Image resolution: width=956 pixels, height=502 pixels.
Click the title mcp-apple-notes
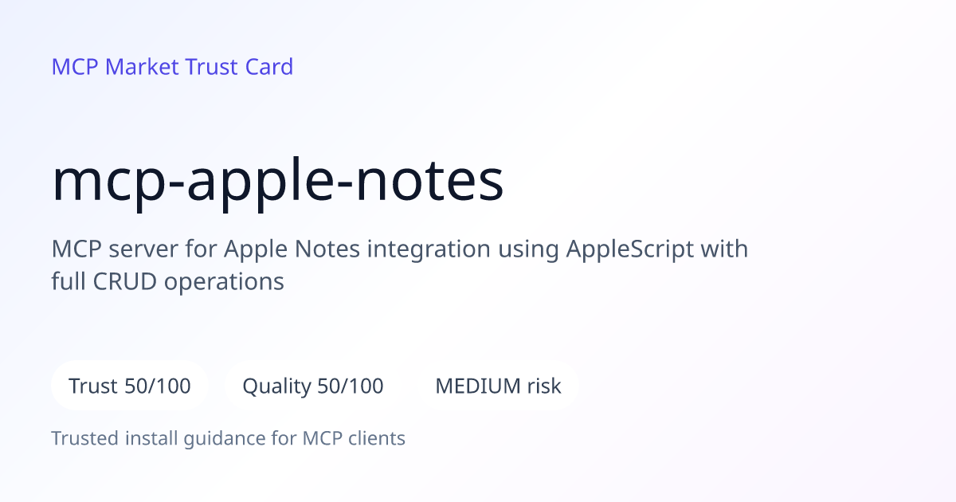click(x=277, y=182)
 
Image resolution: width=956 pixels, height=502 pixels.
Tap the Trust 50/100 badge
click(x=130, y=386)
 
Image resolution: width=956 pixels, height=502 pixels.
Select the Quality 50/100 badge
click(x=313, y=386)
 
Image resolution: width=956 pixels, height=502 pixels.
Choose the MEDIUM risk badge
click(x=498, y=386)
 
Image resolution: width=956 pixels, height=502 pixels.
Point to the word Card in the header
click(x=269, y=67)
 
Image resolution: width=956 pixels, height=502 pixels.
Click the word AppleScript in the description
click(x=630, y=249)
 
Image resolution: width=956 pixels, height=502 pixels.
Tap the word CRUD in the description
click(x=124, y=282)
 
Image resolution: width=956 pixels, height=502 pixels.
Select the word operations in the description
click(x=224, y=283)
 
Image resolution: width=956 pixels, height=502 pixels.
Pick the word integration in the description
click(x=429, y=249)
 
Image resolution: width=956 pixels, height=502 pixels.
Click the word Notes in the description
click(x=327, y=249)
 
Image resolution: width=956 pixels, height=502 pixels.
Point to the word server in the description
click(x=143, y=250)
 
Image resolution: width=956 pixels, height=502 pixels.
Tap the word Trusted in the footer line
click(x=85, y=438)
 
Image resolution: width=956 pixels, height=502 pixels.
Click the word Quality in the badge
click(x=277, y=386)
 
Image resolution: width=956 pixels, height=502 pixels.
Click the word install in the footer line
click(x=151, y=438)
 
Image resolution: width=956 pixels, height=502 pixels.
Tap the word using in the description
click(x=528, y=250)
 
